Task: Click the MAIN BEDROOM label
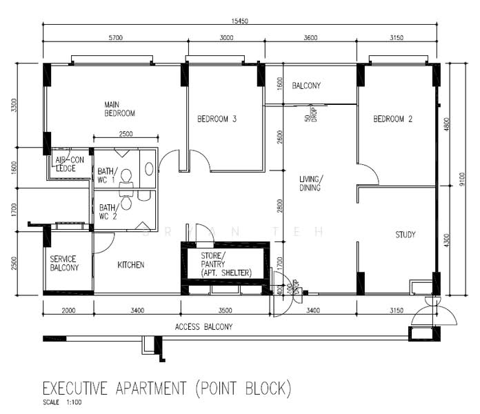tap(119, 108)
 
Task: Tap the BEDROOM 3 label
tap(217, 119)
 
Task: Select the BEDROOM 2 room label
tap(392, 119)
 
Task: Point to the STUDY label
tap(405, 235)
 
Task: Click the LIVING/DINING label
tap(310, 184)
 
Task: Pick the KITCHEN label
tap(130, 265)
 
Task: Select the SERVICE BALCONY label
tap(64, 264)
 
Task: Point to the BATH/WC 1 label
tap(107, 176)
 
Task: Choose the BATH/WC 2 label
tap(107, 211)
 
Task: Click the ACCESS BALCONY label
tap(203, 326)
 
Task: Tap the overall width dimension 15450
tap(239, 21)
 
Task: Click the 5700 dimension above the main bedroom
tap(115, 38)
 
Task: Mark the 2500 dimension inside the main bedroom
tap(126, 135)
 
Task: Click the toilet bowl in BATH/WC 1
tap(126, 176)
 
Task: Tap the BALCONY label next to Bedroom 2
tap(306, 86)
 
